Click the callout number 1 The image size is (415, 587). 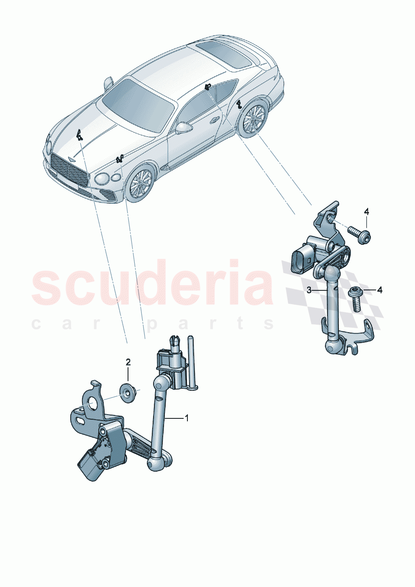187,418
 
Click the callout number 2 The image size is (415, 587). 128,361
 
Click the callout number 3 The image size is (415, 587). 309,290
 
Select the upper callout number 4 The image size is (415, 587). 366,212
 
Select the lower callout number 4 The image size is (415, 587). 379,290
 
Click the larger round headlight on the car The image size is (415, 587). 102,179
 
